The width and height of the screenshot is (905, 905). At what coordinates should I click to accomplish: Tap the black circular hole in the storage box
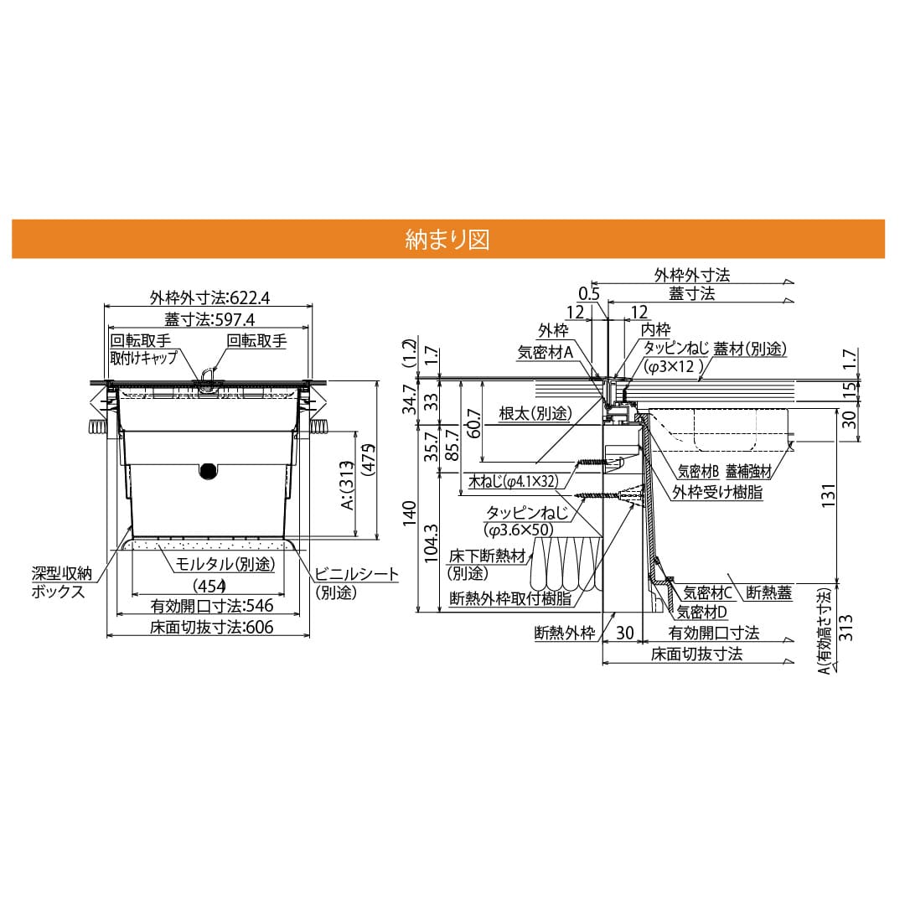point(206,472)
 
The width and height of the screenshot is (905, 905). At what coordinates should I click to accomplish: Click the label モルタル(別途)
point(225,565)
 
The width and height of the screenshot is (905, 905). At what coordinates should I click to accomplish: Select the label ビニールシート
point(356,574)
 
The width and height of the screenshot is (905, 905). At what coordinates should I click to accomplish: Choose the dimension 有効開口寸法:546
point(212,605)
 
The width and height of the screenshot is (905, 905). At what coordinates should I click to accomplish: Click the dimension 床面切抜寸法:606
point(212,627)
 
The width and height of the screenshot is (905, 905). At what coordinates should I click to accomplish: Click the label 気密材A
point(545,353)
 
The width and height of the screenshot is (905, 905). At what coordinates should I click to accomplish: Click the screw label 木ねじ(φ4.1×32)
point(512,483)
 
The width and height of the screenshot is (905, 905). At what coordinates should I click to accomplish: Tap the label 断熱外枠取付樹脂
point(510,598)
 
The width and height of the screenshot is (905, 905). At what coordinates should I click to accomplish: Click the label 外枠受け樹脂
point(717,493)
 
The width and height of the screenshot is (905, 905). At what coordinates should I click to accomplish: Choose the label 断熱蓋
point(768,592)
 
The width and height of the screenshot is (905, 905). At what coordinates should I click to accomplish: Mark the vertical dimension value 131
point(851,497)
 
